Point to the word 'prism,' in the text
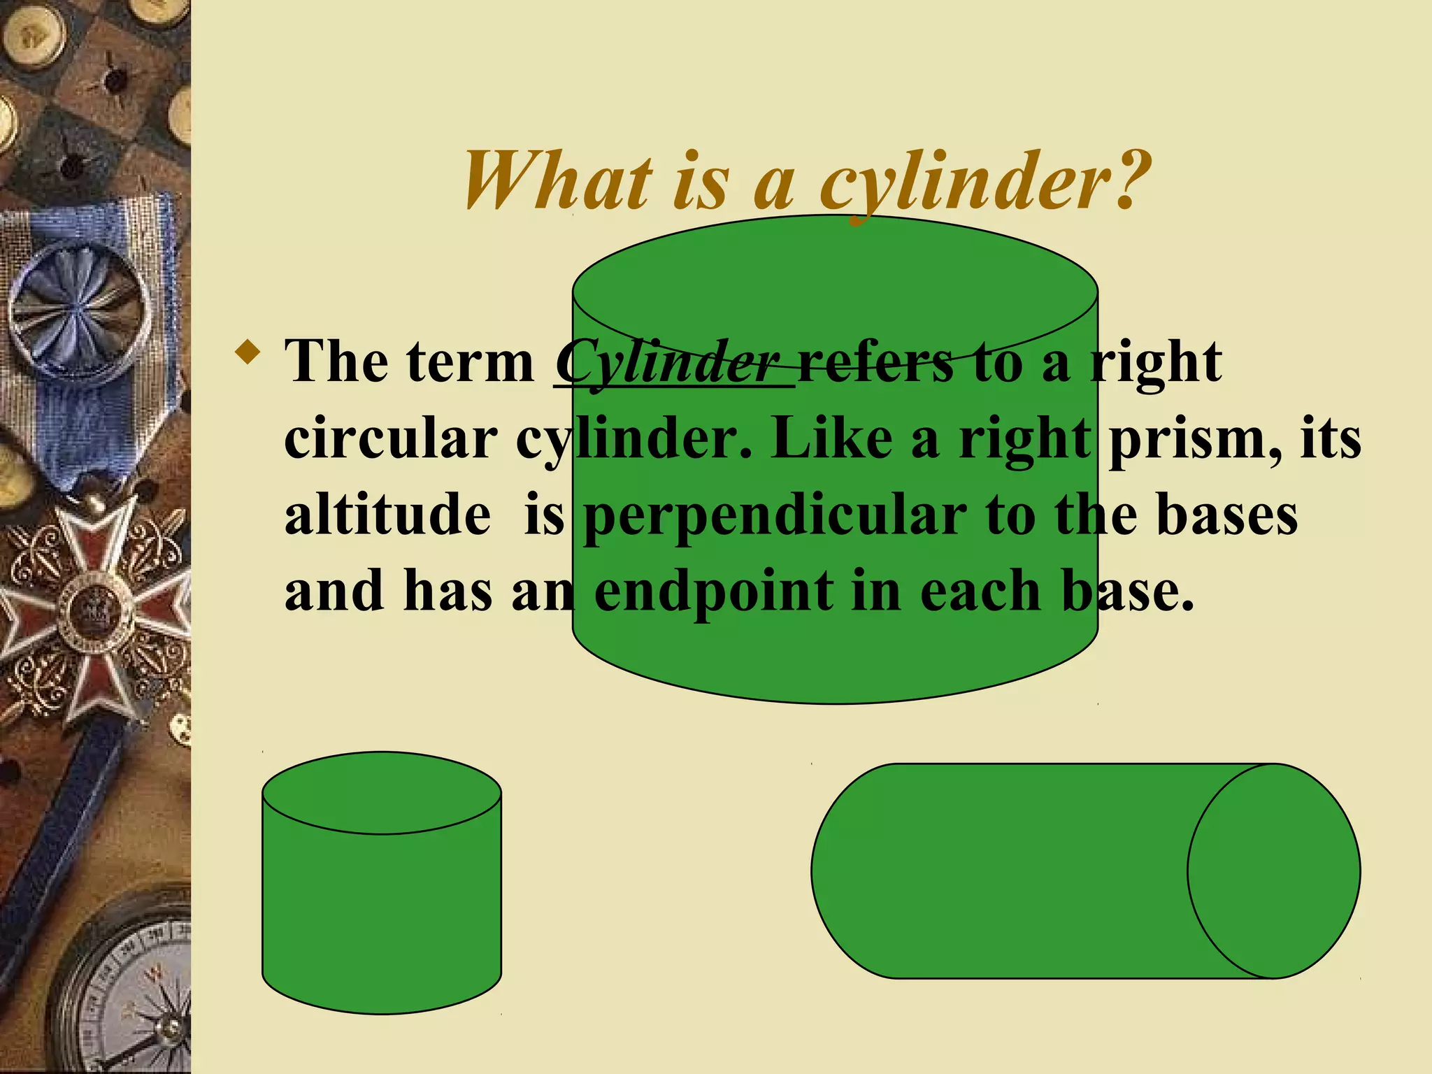pyautogui.click(x=1196, y=441)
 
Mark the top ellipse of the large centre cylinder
pyautogui.click(x=835, y=287)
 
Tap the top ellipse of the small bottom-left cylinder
pyautogui.click(x=382, y=793)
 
